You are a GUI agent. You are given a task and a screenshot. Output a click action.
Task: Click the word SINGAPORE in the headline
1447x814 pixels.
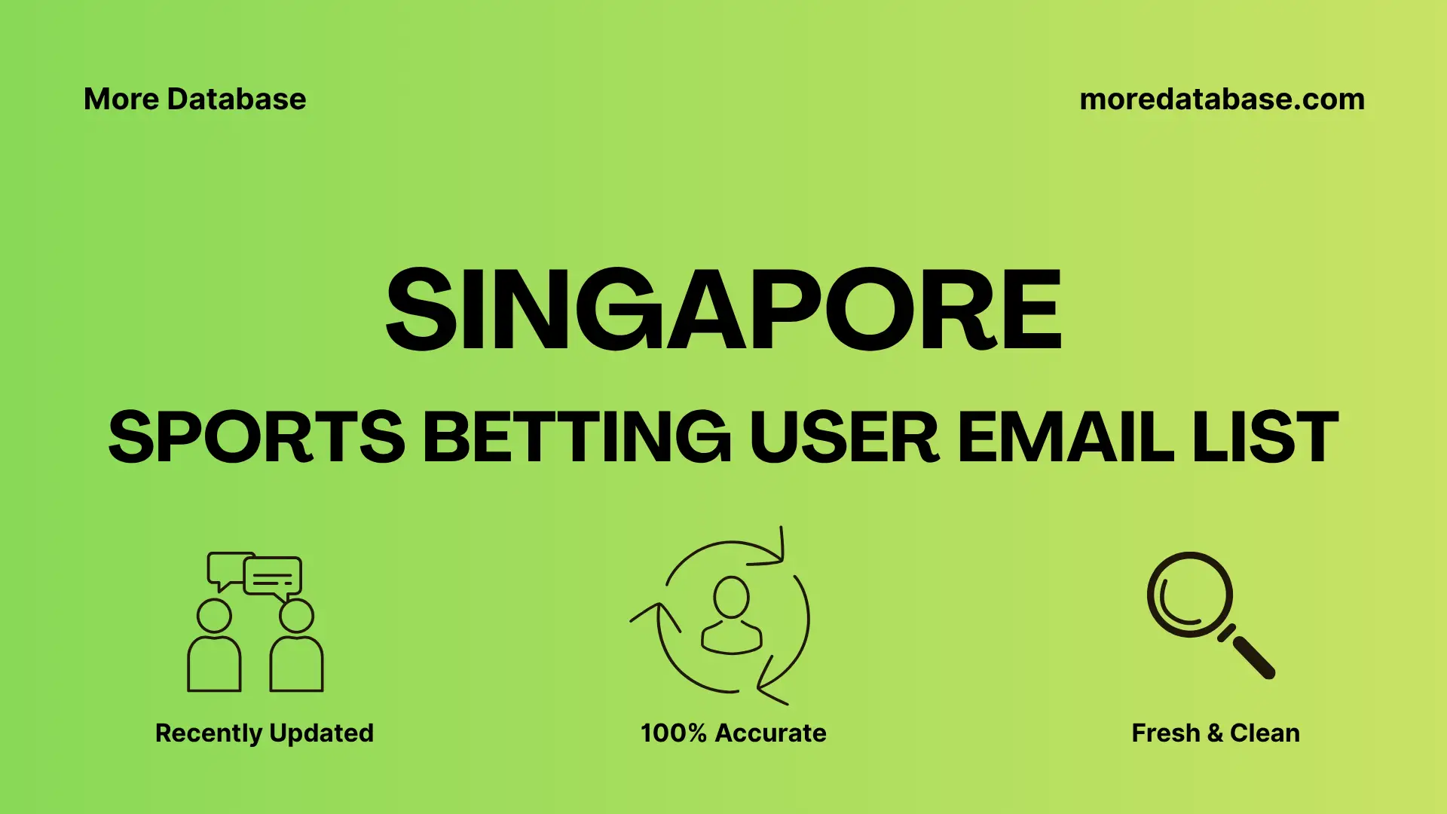click(x=723, y=310)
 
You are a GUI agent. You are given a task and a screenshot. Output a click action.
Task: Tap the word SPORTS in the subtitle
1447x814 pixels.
click(x=256, y=437)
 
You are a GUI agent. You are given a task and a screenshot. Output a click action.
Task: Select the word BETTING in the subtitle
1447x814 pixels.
click(x=577, y=437)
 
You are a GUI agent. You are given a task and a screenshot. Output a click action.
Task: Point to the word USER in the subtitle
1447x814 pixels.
click(x=844, y=437)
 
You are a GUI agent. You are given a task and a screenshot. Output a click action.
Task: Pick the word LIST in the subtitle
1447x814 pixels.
click(x=1265, y=437)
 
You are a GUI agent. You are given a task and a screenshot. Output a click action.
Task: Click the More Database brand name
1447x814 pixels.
click(x=194, y=99)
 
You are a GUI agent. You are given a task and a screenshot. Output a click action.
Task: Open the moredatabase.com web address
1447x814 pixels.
click(x=1222, y=99)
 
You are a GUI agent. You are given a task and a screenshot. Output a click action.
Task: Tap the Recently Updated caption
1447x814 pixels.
click(x=264, y=733)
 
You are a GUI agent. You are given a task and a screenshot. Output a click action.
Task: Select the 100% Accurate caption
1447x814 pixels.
click(x=733, y=733)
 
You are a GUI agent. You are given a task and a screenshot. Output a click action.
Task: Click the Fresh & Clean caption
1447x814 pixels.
click(x=1215, y=733)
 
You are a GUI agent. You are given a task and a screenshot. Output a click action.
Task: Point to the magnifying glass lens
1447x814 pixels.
click(x=1189, y=595)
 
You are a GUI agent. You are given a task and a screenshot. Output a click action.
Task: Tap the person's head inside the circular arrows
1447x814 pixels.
click(x=731, y=598)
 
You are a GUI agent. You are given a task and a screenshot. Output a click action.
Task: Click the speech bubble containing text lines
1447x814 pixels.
click(x=273, y=577)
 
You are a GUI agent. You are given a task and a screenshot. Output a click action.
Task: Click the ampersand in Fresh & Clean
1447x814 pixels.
click(x=1214, y=733)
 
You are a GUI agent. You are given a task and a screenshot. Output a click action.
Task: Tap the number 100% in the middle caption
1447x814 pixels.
click(x=673, y=733)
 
